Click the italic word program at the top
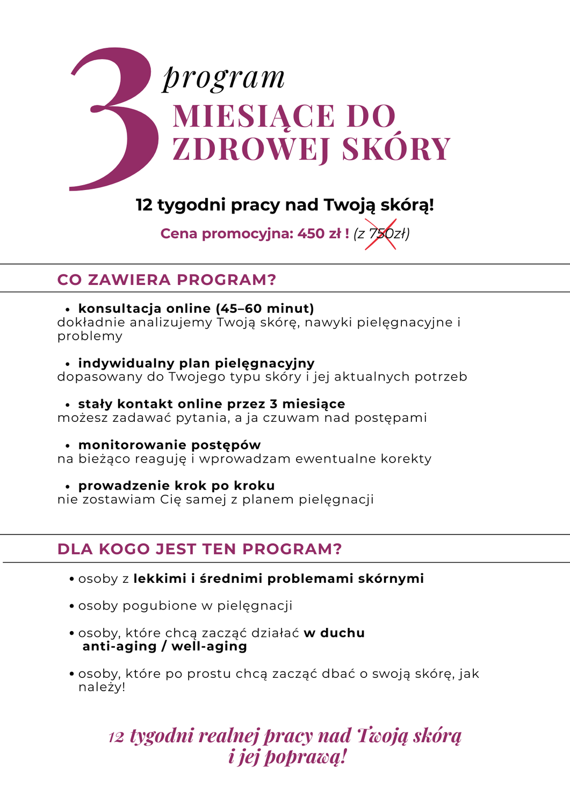point(224,78)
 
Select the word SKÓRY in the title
point(396,149)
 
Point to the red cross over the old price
point(381,234)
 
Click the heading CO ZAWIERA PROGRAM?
point(167,280)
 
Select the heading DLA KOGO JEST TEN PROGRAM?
point(199,549)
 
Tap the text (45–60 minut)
point(265,309)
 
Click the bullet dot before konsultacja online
point(68,310)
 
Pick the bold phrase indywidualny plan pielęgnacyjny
point(196,363)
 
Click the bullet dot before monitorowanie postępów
point(68,446)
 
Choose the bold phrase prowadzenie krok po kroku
point(176,486)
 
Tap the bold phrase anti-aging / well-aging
point(164,646)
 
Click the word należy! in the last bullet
point(102,687)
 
